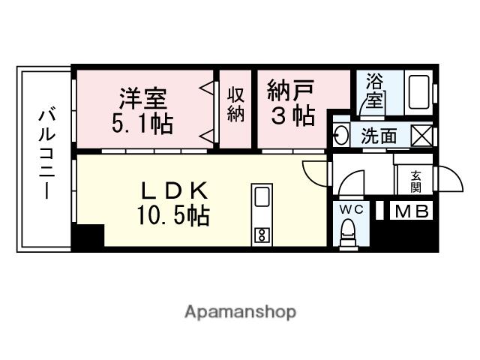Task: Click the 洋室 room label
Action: click(x=142, y=98)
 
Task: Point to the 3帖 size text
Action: click(x=292, y=117)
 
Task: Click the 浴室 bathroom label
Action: click(x=373, y=91)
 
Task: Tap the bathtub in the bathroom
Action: click(x=418, y=93)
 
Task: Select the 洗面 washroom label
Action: click(x=379, y=137)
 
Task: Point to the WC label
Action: click(x=351, y=209)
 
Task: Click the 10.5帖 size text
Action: click(x=172, y=217)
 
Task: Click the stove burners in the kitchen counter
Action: click(x=262, y=235)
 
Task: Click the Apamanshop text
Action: click(x=240, y=311)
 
